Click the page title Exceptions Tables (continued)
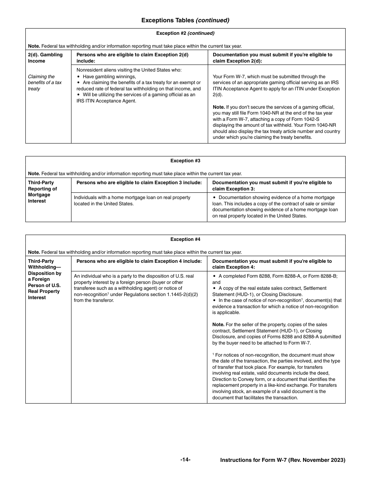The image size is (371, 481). pos(185,20)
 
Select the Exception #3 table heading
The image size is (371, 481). pos(185,161)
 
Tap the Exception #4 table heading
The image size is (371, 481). pos(185,239)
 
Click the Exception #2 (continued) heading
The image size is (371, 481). pos(185,33)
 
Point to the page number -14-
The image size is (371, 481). pos(185,459)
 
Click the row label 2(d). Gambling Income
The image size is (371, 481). pos(45,58)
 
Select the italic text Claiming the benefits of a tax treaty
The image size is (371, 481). pos(45,83)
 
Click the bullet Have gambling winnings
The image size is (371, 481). pos(109,77)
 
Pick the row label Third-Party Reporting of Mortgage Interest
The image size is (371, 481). pos(42,192)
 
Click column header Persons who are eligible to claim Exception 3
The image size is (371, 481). pos(139,183)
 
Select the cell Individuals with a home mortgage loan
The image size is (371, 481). pos(132,201)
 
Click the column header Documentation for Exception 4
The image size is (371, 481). pos(272,264)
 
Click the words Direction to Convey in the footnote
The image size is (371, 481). pos(234,379)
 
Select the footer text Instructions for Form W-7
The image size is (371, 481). pos(282,460)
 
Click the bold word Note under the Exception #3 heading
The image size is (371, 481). pos(34,174)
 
